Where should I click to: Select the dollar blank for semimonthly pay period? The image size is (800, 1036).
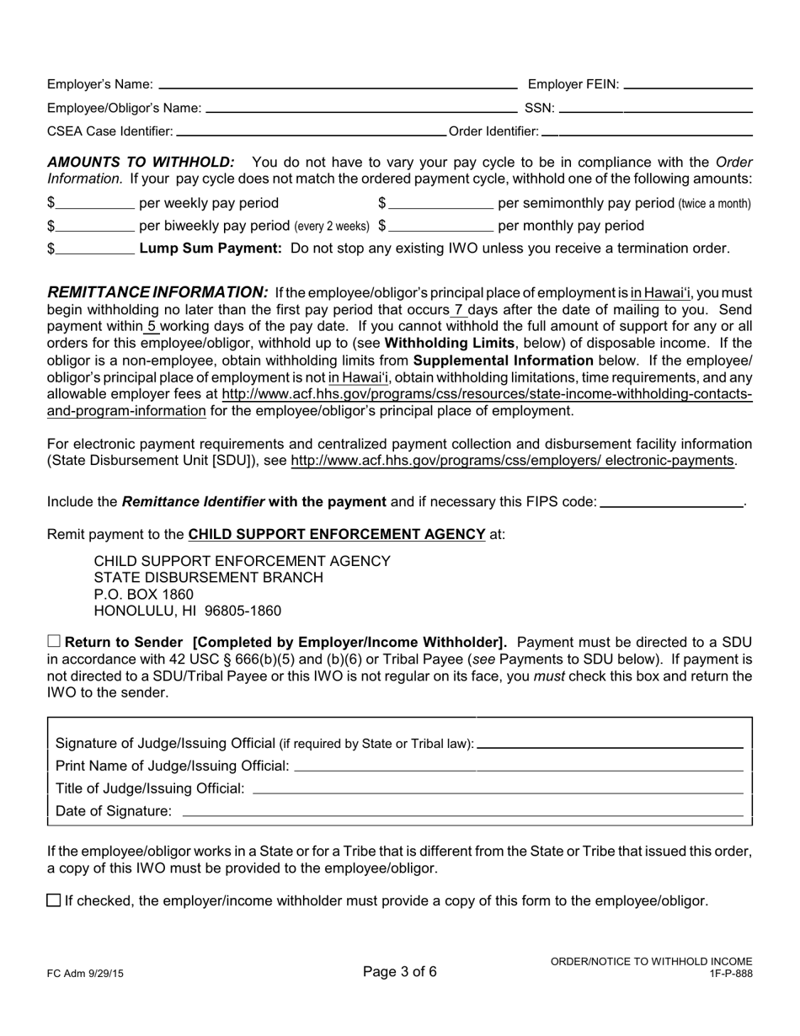[441, 204]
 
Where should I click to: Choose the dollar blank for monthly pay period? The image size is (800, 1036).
[441, 227]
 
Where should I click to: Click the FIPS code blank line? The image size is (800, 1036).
[672, 503]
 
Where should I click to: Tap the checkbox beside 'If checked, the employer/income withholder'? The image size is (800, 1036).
[54, 900]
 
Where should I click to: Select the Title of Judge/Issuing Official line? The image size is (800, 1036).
[498, 789]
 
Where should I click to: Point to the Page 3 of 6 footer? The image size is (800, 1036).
[400, 971]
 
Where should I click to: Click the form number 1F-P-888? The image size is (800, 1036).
[731, 974]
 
